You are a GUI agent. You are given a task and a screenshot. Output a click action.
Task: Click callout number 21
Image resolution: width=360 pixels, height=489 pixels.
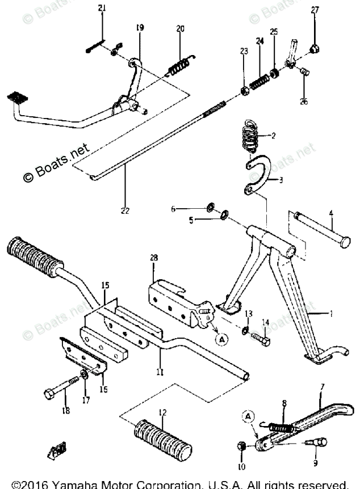(x=102, y=8)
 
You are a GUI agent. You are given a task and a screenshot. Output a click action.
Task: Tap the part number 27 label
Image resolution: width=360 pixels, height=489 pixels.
(x=315, y=9)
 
